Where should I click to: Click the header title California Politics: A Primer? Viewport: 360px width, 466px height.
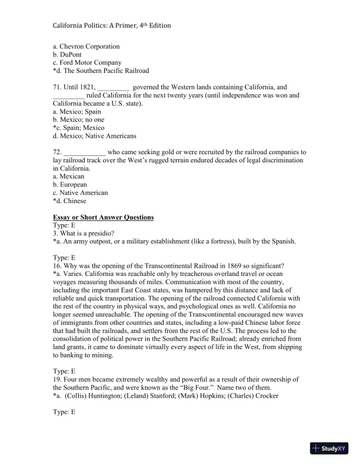[x=112, y=26]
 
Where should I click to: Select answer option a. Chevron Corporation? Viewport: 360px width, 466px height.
[x=86, y=46]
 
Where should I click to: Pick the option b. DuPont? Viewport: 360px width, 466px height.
[x=69, y=55]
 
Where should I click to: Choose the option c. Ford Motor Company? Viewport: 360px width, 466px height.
[x=87, y=63]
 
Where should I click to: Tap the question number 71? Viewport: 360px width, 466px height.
[x=57, y=87]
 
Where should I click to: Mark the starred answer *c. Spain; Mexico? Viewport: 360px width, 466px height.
[x=78, y=128]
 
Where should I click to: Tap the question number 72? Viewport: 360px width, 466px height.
[x=57, y=152]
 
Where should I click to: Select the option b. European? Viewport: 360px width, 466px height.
[x=68, y=185]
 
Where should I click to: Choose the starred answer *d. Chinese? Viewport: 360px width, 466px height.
[x=69, y=201]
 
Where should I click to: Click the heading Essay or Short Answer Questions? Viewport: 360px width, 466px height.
[x=103, y=217]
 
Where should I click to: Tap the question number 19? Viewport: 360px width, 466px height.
[x=57, y=380]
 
